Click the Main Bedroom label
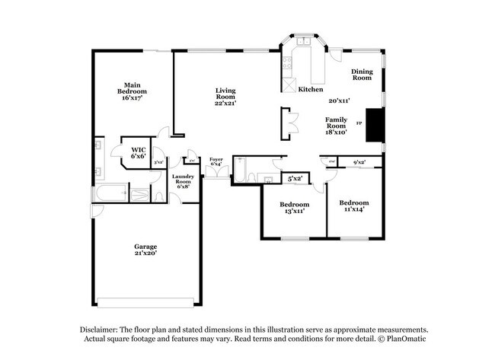coord(130,91)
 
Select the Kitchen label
coord(310,89)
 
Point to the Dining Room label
coord(361,75)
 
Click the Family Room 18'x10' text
coord(336,126)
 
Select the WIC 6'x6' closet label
coord(138,152)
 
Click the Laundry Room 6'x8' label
coord(184,182)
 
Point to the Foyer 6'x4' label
coord(216,161)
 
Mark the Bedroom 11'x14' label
coord(353,205)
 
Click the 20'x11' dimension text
coord(339,100)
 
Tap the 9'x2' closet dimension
coord(359,161)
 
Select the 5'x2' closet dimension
coord(295,178)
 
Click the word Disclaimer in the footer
coord(100,329)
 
